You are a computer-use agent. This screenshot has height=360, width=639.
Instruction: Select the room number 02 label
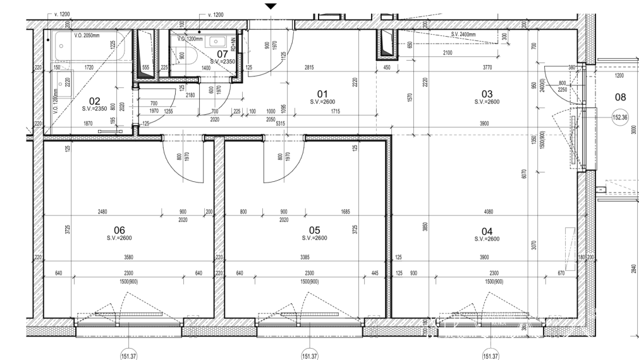(x=95, y=100)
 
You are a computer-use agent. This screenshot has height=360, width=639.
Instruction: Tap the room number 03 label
(x=487, y=93)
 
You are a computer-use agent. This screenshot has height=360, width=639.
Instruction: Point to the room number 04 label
(x=487, y=231)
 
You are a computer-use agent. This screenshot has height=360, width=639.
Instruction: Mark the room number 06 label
(x=119, y=230)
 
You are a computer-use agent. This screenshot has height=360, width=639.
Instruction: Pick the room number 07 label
(x=222, y=54)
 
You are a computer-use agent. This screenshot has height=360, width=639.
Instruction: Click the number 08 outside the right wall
(x=621, y=97)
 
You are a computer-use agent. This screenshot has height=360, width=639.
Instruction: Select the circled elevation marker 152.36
(x=621, y=117)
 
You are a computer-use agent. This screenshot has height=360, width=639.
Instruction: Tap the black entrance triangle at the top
(x=271, y=6)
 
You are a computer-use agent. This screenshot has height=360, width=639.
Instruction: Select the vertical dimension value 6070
(x=525, y=174)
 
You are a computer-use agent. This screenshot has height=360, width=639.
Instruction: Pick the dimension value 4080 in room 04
(x=486, y=212)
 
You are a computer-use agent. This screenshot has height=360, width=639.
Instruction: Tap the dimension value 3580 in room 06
(x=128, y=257)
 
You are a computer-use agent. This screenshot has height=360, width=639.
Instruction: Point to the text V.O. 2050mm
(x=87, y=36)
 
